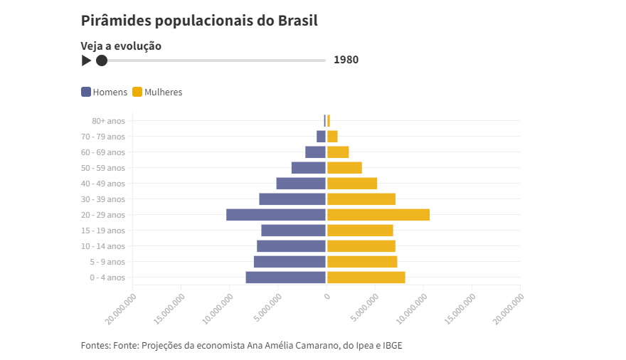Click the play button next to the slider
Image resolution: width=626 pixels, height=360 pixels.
coord(86,60)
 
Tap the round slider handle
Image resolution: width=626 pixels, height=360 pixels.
coord(102,60)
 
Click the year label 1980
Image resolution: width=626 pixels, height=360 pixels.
coord(346,60)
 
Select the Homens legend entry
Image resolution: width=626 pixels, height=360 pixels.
coord(105,92)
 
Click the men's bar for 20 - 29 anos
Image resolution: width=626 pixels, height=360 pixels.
coord(276,215)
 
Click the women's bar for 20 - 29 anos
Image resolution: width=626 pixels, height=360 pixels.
coord(378,215)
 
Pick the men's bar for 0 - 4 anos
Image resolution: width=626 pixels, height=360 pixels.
coord(285,277)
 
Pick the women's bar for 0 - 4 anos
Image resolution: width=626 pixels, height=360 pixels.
coord(366,277)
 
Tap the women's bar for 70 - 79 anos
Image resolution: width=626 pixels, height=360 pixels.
coord(332,137)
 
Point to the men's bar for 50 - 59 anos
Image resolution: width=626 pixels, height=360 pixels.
coord(308,168)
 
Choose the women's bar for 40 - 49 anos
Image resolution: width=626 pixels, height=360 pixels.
coord(352,184)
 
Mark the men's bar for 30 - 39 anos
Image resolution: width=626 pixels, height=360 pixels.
coord(292,199)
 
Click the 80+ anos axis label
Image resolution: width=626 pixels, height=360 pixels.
coord(108,121)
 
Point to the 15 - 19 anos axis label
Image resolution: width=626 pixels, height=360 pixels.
coord(103,231)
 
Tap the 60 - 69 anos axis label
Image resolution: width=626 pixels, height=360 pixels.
coord(103,152)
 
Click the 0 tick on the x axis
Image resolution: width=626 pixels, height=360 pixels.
coord(327,295)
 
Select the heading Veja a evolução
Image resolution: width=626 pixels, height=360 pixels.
coord(121,46)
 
